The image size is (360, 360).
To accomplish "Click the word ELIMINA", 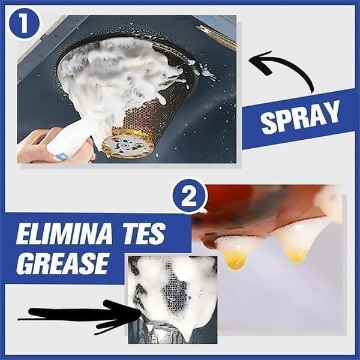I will coord(66,235).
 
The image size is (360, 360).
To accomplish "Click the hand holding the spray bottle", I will coord(36,147).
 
